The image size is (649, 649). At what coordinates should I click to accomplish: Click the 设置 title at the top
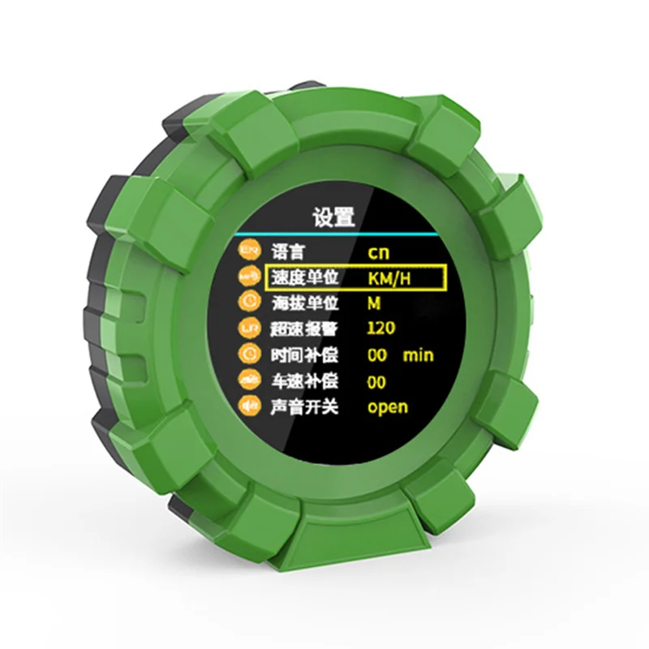[x=333, y=217]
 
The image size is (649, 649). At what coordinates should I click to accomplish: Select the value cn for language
[x=378, y=252]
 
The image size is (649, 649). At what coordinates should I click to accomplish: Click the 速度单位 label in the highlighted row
[x=302, y=277]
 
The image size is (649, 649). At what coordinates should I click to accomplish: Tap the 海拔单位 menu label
[x=302, y=303]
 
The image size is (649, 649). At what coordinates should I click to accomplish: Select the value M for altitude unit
[x=374, y=303]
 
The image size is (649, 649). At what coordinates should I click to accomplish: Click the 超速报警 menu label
[x=302, y=329]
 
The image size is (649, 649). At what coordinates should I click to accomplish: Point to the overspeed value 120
[x=380, y=329]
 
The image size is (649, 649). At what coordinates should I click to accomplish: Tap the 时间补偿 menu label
[x=302, y=355]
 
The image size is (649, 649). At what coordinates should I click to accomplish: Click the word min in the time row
[x=418, y=355]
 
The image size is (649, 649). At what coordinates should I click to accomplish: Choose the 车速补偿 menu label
[x=302, y=381]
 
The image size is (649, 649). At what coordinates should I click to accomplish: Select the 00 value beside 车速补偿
[x=376, y=381]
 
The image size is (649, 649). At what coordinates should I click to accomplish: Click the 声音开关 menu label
[x=302, y=407]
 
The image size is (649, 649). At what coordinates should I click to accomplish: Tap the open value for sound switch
[x=388, y=408]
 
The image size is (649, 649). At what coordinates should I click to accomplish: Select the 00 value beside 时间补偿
[x=376, y=355]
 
